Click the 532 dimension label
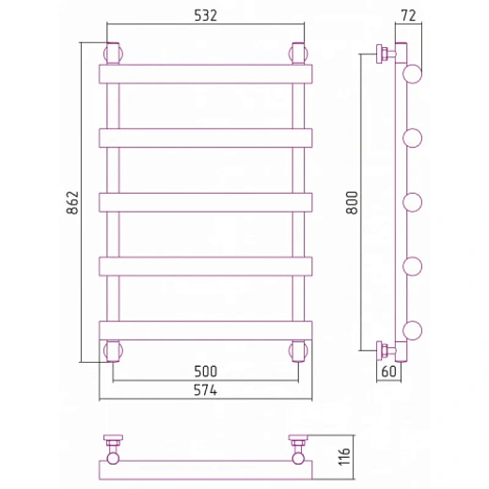coord(205,16)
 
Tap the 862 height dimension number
coord(72,202)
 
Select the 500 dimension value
coord(206,371)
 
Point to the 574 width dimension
coord(205,390)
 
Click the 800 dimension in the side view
coord(352,202)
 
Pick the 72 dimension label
coord(408,16)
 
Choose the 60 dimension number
coord(388,371)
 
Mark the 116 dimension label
coord(344,457)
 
